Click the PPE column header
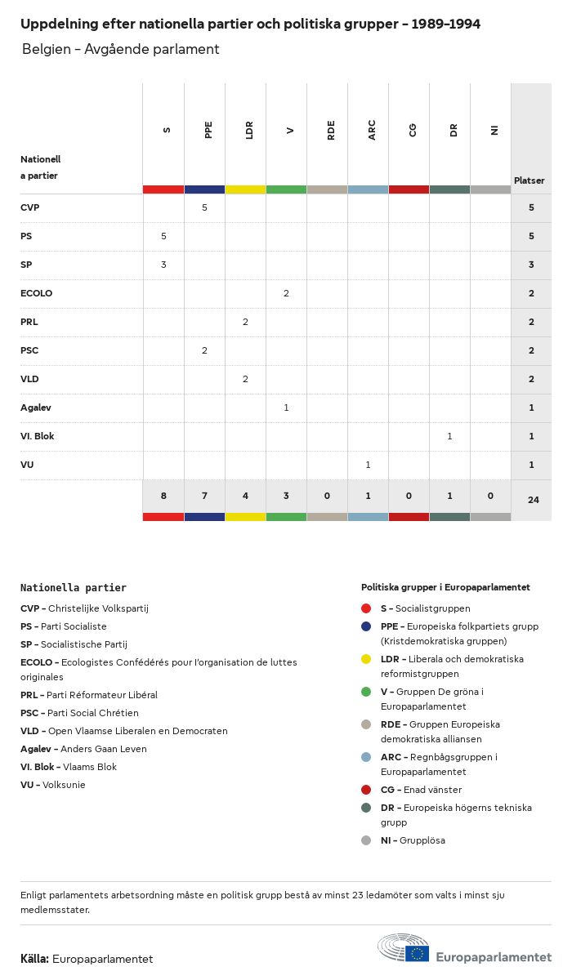point(208,130)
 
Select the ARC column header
point(372,130)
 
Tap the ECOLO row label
point(36,293)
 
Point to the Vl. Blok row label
point(38,436)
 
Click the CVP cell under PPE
point(204,207)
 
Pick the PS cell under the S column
point(163,236)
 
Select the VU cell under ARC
point(368,465)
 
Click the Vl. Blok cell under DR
point(449,436)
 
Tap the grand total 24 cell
point(533,499)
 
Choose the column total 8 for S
point(163,496)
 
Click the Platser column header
point(529,180)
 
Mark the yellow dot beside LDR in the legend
point(366,659)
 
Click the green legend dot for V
point(366,692)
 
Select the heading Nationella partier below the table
point(74,587)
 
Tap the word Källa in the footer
point(34,959)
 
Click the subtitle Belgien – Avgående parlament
point(120,49)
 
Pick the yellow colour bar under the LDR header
point(245,189)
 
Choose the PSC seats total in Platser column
point(531,350)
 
